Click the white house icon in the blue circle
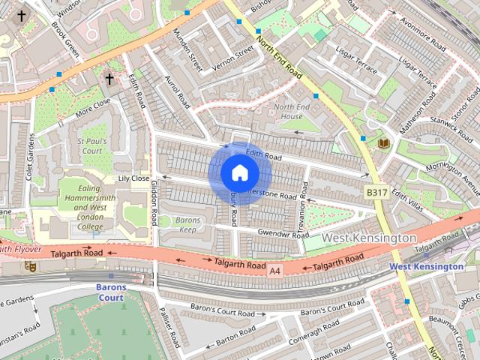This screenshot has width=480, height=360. point(240,173)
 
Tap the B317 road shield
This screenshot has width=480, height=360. point(376,193)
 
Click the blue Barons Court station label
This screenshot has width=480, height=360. point(110,292)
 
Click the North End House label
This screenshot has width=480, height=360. point(288,112)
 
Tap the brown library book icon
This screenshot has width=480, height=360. point(384,142)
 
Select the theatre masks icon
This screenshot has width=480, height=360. point(31,265)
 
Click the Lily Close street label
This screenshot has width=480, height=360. point(134,178)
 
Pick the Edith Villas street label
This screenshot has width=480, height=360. point(408,199)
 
